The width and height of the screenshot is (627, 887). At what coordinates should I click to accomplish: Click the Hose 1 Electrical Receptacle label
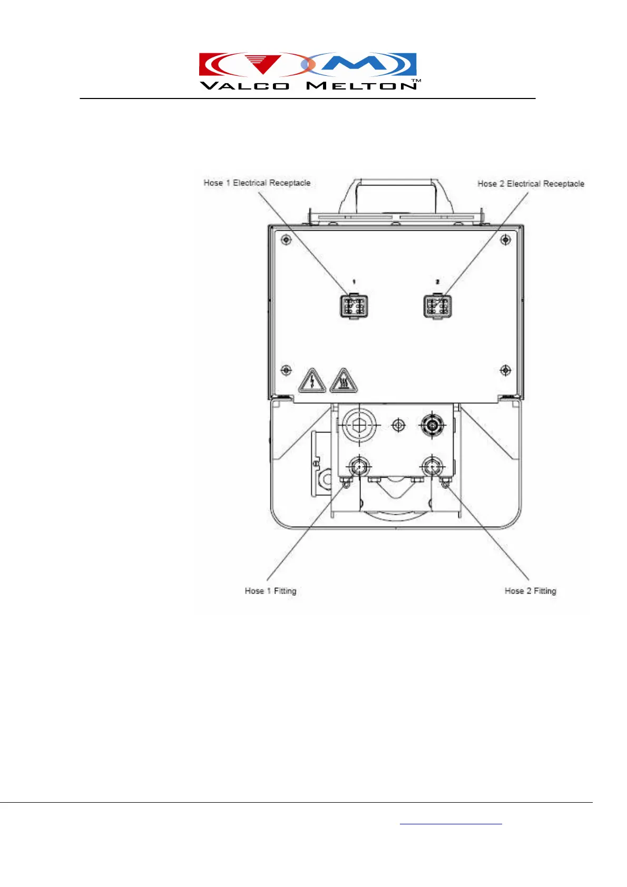(x=257, y=183)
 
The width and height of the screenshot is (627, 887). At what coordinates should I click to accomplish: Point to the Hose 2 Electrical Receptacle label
(x=531, y=184)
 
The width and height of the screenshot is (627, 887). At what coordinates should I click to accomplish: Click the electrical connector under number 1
(x=354, y=305)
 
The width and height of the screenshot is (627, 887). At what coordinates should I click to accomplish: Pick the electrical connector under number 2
(x=437, y=305)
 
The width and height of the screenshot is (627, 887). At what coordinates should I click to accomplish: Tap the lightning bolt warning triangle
(x=312, y=381)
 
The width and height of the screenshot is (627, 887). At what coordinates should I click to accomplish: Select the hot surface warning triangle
(x=344, y=381)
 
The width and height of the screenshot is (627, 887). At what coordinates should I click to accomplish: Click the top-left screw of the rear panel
(x=286, y=240)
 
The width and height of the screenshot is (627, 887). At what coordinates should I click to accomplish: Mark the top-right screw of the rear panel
(x=505, y=240)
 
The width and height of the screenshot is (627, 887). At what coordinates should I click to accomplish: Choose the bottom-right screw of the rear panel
(x=505, y=370)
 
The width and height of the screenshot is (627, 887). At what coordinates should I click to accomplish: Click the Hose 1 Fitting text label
(x=270, y=591)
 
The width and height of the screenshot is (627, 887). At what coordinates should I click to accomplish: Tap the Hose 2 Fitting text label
(x=530, y=591)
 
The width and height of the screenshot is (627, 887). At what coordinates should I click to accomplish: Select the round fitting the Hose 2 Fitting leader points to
(x=432, y=466)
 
